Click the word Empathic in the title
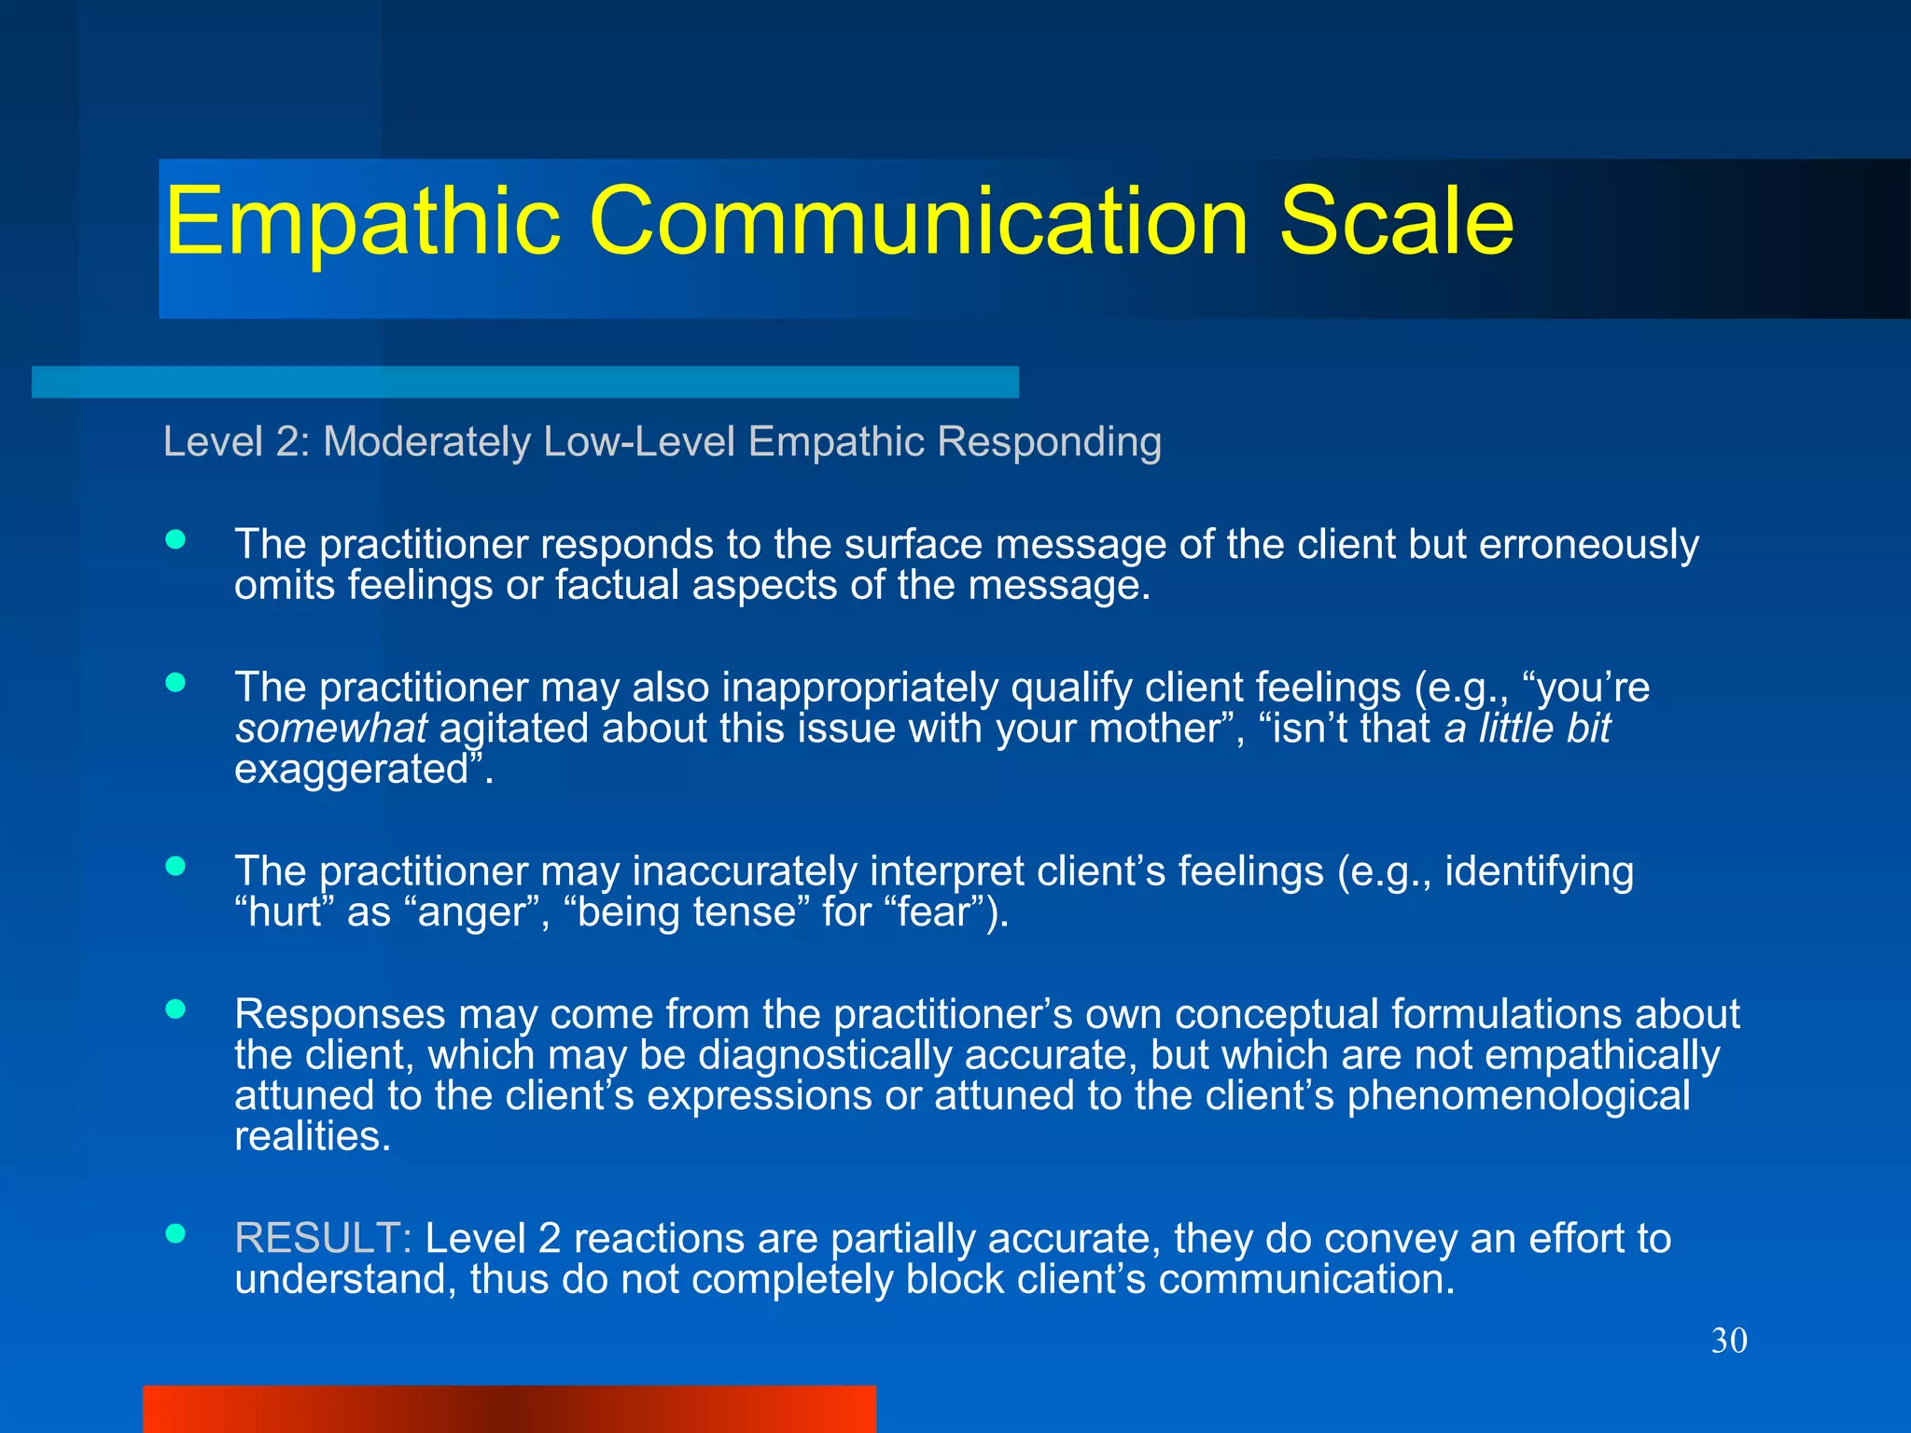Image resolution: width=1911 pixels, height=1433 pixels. (x=362, y=222)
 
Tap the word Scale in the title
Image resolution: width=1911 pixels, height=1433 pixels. (x=1396, y=222)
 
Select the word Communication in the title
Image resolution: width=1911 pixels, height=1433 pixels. (x=919, y=222)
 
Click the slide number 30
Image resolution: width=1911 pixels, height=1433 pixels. (x=1728, y=1341)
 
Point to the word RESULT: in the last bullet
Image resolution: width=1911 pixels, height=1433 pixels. (x=323, y=1238)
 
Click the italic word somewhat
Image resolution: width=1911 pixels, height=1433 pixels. (x=331, y=729)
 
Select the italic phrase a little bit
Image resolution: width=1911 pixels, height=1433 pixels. (x=1527, y=729)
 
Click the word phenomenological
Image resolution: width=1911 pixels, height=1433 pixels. (x=1518, y=1095)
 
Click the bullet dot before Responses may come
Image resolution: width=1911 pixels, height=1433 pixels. (x=175, y=1009)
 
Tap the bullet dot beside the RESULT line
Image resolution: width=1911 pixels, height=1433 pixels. (x=175, y=1234)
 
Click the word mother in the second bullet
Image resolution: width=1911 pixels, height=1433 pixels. (x=1154, y=729)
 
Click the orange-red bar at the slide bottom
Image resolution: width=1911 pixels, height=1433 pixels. (x=509, y=1409)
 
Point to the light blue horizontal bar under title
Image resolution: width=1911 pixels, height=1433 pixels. (x=524, y=383)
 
